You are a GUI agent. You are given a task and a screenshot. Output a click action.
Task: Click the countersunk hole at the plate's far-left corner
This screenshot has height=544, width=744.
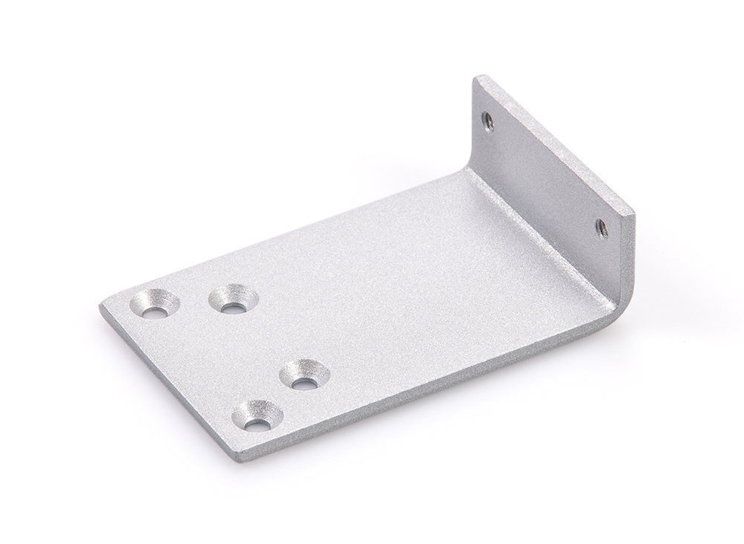[155, 304]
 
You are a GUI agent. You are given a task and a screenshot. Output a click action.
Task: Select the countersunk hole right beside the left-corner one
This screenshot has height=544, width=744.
[233, 299]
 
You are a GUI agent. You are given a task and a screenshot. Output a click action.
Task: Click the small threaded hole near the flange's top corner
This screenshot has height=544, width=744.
[488, 119]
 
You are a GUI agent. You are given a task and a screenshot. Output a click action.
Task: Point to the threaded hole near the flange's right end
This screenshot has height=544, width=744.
[601, 224]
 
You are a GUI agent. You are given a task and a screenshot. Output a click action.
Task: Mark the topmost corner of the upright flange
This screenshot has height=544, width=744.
[479, 77]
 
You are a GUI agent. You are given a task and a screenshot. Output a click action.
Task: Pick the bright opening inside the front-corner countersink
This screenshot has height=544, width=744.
[257, 425]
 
